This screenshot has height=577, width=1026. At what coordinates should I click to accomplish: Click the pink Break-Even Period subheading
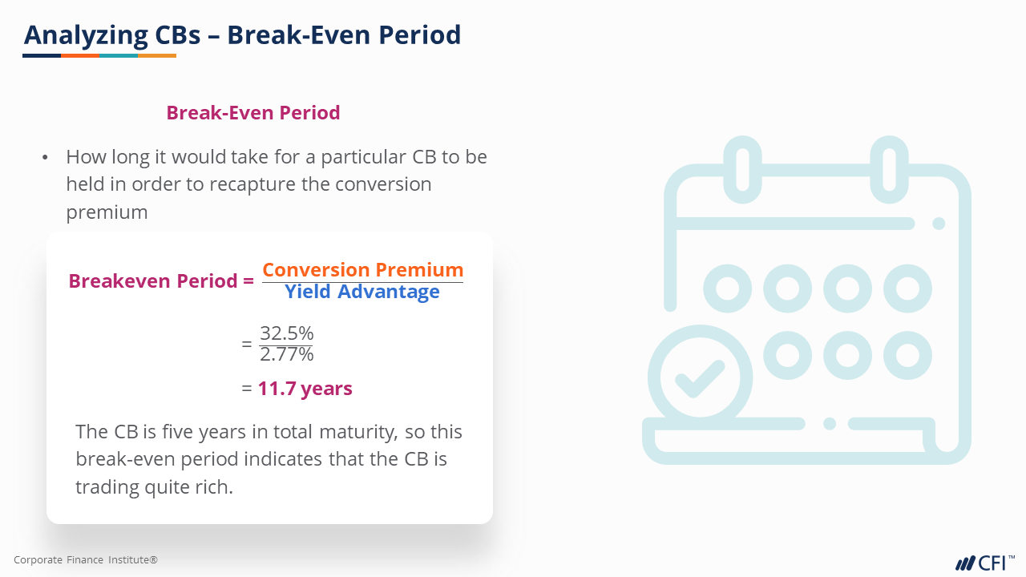click(x=252, y=113)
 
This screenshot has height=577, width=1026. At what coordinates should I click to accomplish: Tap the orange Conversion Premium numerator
click(x=363, y=270)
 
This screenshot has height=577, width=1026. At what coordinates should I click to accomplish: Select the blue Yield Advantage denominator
click(x=362, y=291)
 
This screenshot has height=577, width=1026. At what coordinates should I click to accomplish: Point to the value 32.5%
click(x=287, y=333)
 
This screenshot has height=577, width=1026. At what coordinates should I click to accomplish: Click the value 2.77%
click(x=287, y=354)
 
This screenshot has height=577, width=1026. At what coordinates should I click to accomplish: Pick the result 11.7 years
click(x=305, y=389)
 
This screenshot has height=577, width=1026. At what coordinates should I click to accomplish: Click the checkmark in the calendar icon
click(x=700, y=378)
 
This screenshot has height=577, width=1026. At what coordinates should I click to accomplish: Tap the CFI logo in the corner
click(x=985, y=563)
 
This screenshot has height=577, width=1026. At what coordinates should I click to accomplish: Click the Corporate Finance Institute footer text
click(x=86, y=559)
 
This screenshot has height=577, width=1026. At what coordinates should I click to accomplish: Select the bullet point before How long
click(x=45, y=158)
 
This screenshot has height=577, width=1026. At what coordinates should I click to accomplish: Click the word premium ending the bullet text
click(x=107, y=212)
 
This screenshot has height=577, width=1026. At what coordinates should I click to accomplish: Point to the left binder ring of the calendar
click(x=742, y=170)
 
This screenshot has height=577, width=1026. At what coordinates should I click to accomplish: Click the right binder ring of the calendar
click(x=889, y=170)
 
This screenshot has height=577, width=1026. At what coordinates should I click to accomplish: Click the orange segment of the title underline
click(x=80, y=56)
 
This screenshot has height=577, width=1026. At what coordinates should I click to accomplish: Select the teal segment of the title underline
click(x=119, y=56)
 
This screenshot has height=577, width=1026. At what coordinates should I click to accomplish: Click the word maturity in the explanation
click(x=358, y=432)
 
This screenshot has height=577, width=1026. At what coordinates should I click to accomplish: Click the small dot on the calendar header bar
click(x=939, y=224)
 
